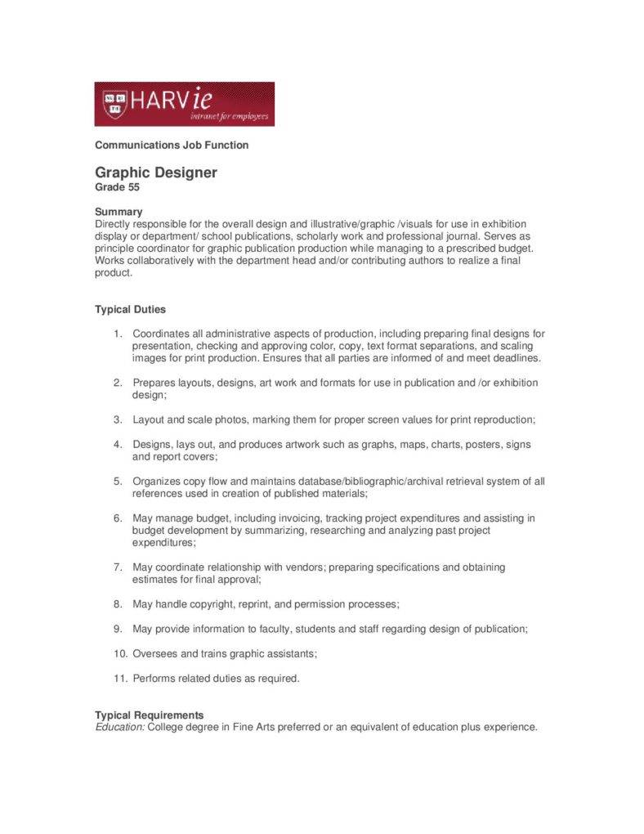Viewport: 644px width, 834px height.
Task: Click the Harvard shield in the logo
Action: [114, 103]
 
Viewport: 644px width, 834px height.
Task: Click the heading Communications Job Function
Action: [172, 145]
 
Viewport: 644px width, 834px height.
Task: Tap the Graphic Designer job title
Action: [155, 173]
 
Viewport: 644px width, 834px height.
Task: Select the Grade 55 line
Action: [117, 187]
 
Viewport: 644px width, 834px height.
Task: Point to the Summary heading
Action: [119, 211]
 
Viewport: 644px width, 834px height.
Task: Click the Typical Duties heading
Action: [130, 309]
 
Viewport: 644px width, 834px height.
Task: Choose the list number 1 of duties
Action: [118, 334]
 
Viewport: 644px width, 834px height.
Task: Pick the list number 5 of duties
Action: [118, 481]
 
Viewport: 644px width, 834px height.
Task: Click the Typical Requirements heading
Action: [150, 715]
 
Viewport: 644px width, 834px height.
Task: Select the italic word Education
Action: [119, 727]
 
